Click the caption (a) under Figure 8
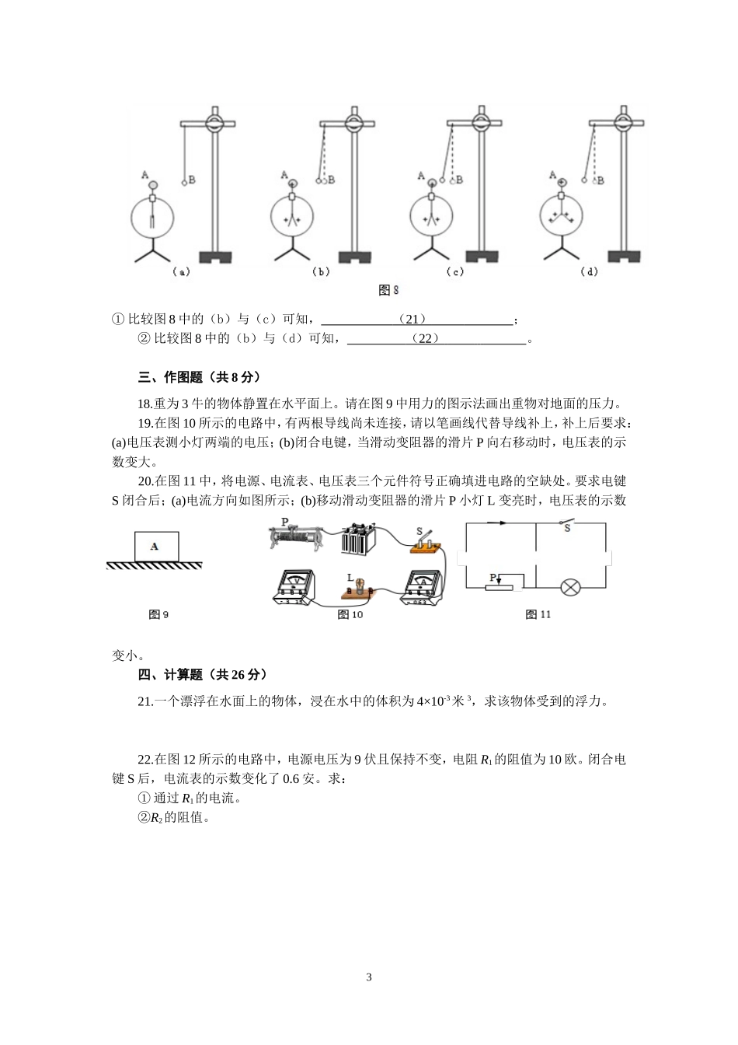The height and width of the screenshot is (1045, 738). pyautogui.click(x=181, y=272)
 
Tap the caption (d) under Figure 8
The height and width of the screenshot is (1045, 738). pyautogui.click(x=590, y=271)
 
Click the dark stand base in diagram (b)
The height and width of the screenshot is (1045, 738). pyautogui.click(x=355, y=257)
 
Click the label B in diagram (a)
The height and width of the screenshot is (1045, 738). pyautogui.click(x=191, y=180)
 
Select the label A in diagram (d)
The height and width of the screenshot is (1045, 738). pyautogui.click(x=552, y=175)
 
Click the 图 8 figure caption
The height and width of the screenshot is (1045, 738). pyautogui.click(x=388, y=290)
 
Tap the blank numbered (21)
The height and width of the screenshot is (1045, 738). pyautogui.click(x=416, y=320)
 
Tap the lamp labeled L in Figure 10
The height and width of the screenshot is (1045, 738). pyautogui.click(x=359, y=587)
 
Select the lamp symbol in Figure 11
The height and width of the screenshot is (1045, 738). pyautogui.click(x=571, y=587)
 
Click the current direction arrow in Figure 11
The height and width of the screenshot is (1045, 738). pyautogui.click(x=502, y=522)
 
